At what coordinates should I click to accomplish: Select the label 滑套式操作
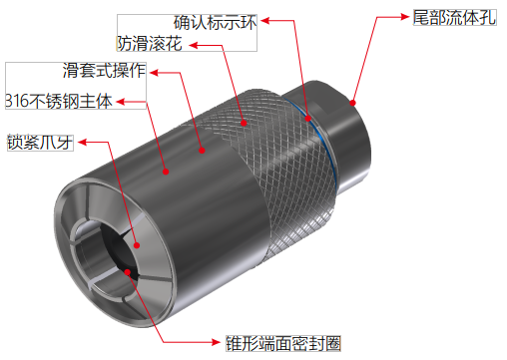[104, 71]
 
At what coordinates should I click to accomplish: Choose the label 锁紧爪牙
[40, 141]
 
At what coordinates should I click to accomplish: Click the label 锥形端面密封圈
[283, 344]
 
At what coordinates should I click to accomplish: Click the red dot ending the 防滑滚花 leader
[243, 124]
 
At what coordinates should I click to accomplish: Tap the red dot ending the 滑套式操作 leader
[202, 152]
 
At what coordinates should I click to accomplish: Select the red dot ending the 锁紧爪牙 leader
[136, 239]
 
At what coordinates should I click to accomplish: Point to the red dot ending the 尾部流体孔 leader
[353, 102]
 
